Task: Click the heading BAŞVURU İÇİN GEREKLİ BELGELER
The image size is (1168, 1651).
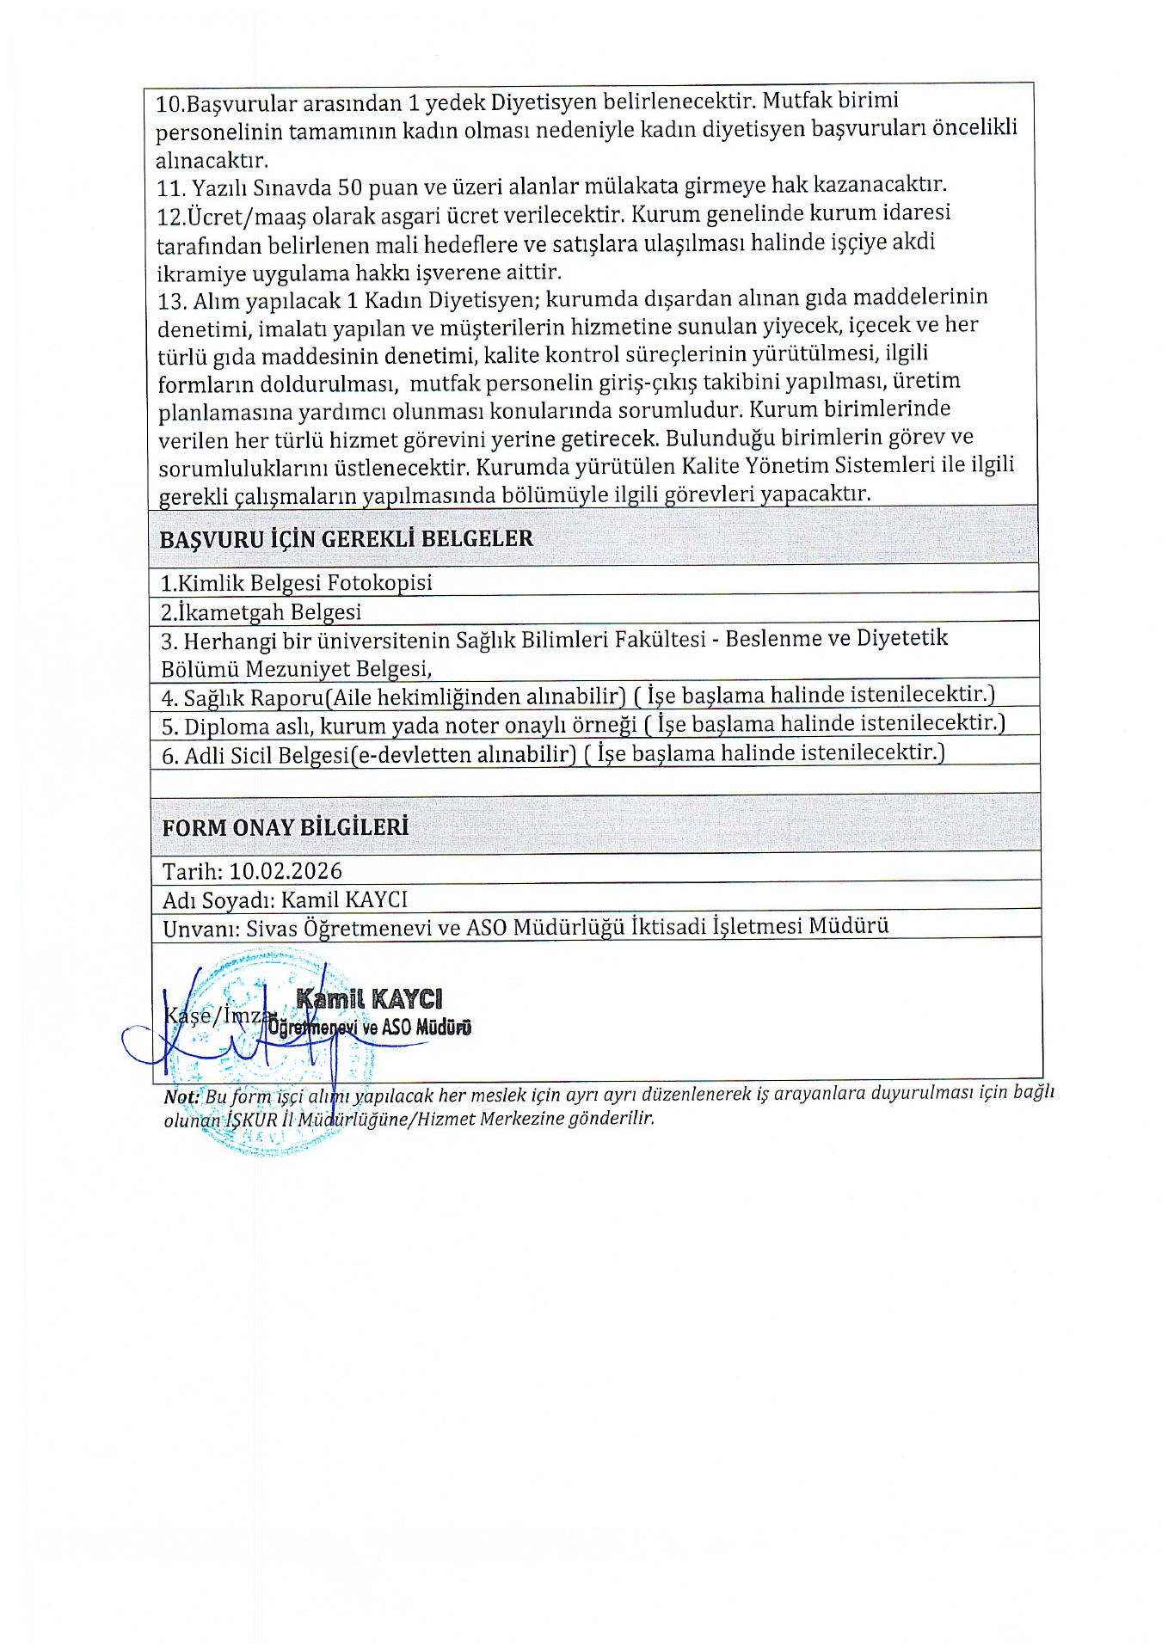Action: pyautogui.click(x=346, y=539)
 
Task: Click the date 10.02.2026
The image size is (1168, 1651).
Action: pyautogui.click(x=286, y=871)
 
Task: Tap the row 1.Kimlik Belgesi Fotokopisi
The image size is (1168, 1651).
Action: pyautogui.click(x=296, y=583)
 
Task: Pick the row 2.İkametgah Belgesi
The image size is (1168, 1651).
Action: pyautogui.click(x=261, y=612)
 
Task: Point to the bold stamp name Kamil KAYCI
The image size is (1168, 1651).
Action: pyautogui.click(x=369, y=999)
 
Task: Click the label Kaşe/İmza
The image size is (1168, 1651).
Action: pyautogui.click(x=215, y=1016)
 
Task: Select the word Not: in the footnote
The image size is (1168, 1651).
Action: pyautogui.click(x=181, y=1097)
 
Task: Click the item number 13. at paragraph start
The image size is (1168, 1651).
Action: pyautogui.click(x=172, y=302)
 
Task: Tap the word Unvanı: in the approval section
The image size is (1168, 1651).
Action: pyautogui.click(x=200, y=929)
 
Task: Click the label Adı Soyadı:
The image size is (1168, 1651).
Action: pyautogui.click(x=218, y=900)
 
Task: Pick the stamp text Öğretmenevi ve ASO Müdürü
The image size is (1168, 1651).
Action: pyautogui.click(x=369, y=1028)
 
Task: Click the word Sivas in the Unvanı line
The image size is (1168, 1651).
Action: pyautogui.click(x=272, y=929)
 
